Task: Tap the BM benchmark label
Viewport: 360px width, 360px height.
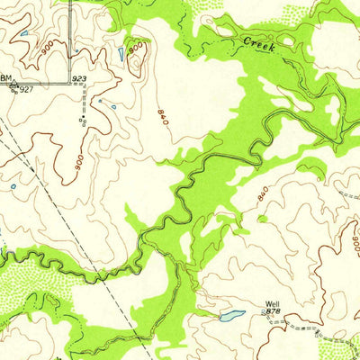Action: coord(6,78)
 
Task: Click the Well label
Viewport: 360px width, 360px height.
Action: coord(272,304)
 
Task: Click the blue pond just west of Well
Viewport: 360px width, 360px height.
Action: coord(231,316)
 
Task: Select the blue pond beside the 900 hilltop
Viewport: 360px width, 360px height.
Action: coord(121,54)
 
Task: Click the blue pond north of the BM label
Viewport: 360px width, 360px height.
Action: coord(24,35)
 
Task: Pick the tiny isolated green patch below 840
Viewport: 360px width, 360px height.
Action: coord(261,218)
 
